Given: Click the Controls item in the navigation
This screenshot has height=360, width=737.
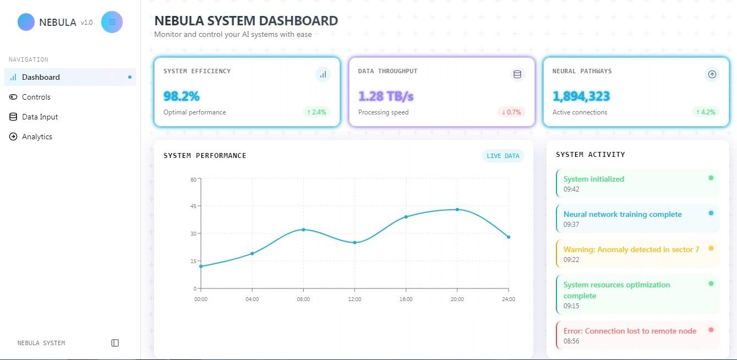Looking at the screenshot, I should [36, 97].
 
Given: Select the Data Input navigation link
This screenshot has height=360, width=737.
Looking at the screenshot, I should [40, 117].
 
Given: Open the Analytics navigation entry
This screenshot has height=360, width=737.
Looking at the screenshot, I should [37, 137].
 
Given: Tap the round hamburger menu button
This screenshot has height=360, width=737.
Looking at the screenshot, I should [112, 22].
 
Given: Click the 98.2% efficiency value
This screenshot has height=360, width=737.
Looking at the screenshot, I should [181, 96].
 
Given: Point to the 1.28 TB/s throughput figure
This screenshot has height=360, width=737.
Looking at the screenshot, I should [385, 96].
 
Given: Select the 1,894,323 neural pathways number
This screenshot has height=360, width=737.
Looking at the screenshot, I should [581, 96].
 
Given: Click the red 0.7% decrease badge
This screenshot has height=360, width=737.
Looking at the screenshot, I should [511, 112].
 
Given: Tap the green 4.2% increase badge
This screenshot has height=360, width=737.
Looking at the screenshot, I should [706, 112].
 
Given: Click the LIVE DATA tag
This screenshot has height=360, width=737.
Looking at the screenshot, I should [503, 156].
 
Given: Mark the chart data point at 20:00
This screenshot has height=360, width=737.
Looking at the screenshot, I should [457, 209].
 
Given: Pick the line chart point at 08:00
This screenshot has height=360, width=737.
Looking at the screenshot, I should [303, 230].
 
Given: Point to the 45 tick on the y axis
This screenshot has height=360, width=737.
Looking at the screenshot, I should [193, 206].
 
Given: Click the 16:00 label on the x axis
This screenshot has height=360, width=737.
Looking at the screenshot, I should [406, 299].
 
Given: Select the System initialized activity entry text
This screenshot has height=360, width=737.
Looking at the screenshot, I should [593, 179].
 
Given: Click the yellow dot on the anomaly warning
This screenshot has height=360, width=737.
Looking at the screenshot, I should [711, 248].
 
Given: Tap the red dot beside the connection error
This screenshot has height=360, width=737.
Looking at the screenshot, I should [711, 330].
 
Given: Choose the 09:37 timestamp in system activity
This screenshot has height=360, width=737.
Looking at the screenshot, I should [571, 225].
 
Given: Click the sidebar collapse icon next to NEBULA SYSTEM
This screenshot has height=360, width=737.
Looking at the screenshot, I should [115, 343].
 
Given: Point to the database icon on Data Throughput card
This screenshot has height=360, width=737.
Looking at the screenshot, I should [517, 74].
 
